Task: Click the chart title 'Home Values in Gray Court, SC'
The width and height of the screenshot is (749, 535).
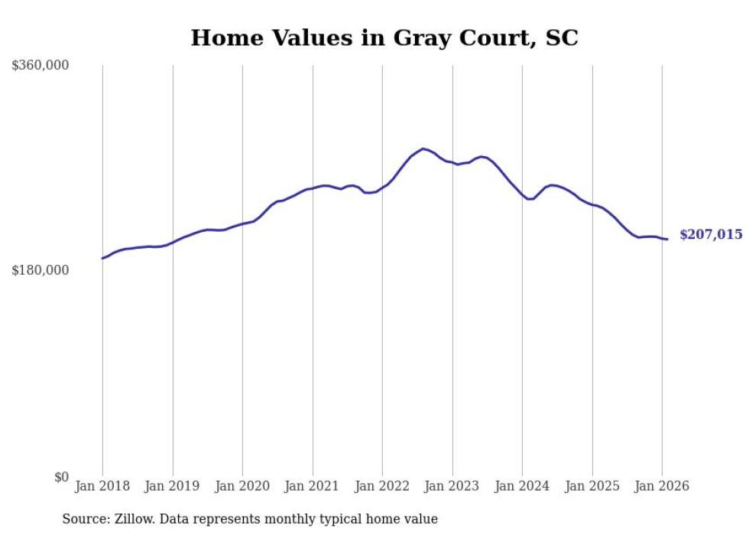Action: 384,38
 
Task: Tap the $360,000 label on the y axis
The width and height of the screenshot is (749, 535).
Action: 41,66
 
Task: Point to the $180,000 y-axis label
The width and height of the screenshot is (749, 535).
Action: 41,270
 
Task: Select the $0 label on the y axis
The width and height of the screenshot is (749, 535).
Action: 61,477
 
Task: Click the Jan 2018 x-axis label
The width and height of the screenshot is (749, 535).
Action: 102,486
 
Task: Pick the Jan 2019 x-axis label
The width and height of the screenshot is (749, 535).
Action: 173,486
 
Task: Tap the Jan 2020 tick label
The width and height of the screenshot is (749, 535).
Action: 242,486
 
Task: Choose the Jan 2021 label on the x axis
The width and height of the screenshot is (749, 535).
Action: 313,486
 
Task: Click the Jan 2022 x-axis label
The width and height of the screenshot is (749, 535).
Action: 382,486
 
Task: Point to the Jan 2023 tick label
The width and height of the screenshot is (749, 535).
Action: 452,486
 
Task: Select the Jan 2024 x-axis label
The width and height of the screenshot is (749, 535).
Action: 522,486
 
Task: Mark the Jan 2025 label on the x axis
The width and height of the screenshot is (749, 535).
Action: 592,486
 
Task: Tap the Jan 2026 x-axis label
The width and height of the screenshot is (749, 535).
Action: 662,486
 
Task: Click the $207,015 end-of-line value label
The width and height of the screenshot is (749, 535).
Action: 711,235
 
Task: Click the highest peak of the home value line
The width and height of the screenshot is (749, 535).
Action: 423,148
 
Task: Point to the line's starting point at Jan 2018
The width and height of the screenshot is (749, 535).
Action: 102,258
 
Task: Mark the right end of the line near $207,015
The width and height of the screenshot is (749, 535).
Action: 667,240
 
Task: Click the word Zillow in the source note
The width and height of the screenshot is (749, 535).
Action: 136,519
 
